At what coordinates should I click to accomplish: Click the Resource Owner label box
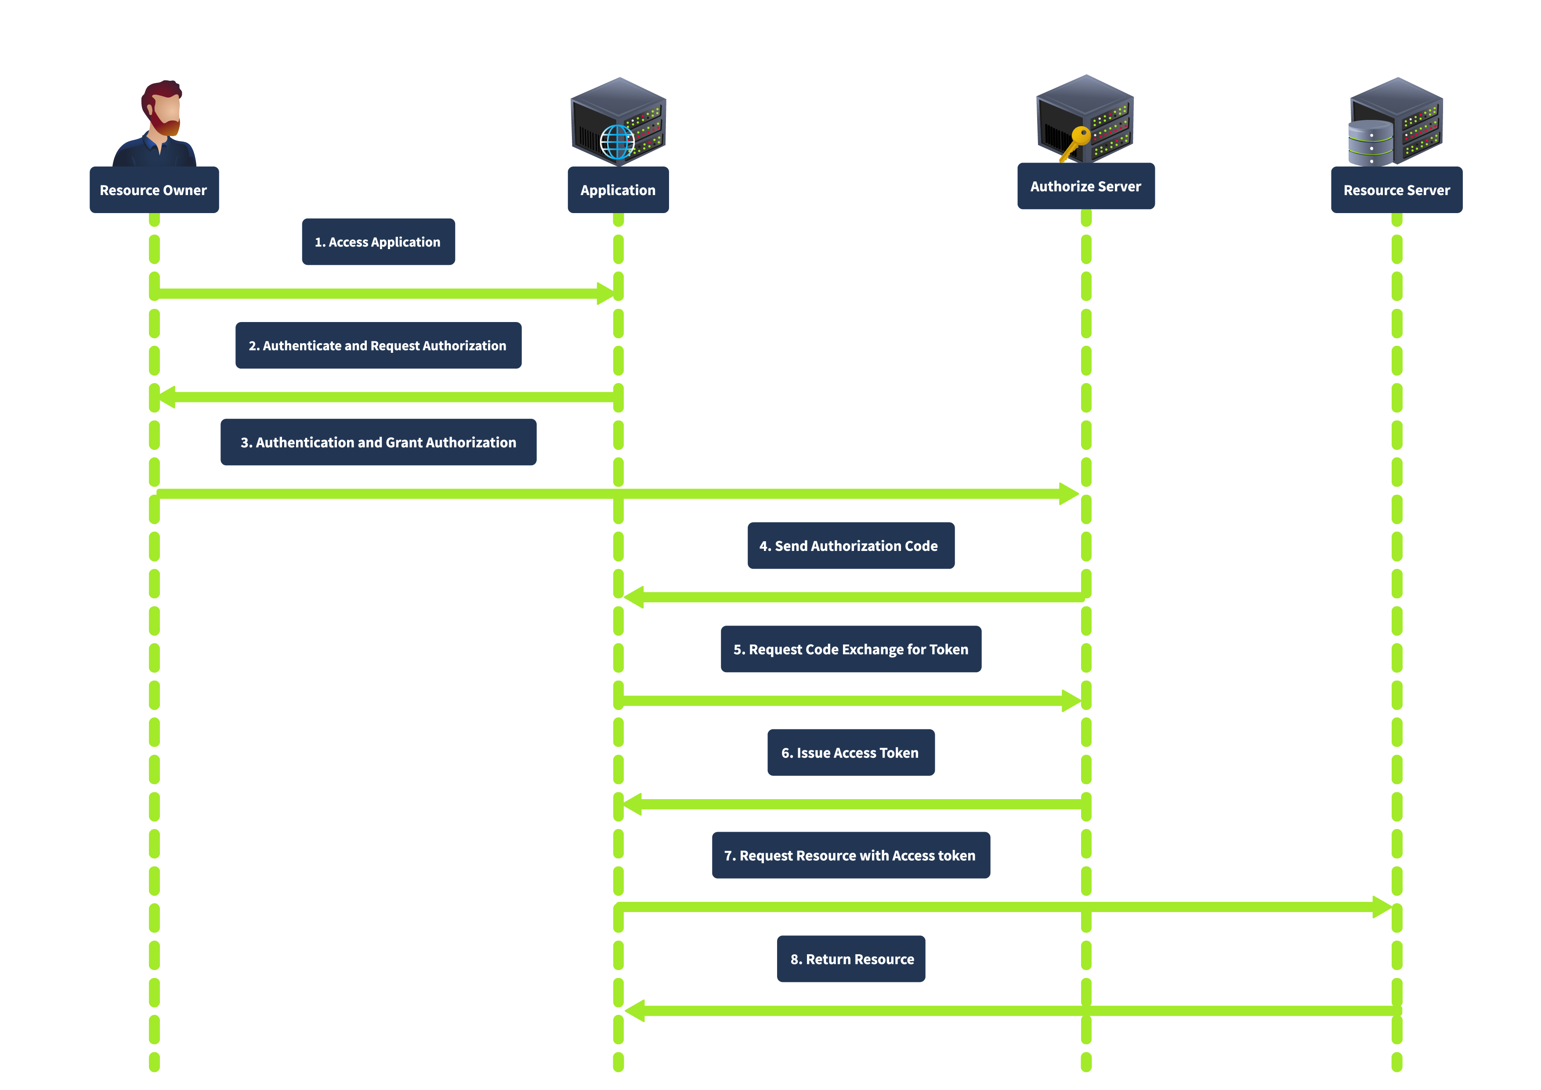pos(154,190)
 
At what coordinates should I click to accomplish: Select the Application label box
pos(618,190)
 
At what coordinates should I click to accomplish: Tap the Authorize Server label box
pos(1085,186)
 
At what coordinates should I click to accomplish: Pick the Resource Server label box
pos(1396,190)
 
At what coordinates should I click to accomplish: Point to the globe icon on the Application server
pos(617,142)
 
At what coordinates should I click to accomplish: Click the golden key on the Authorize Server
pos(1076,141)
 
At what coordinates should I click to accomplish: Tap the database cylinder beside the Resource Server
pos(1370,143)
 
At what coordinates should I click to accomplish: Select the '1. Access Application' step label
pos(378,242)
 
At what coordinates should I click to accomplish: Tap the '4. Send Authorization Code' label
pos(850,546)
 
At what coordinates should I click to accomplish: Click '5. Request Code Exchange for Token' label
pos(850,649)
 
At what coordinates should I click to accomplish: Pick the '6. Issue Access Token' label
pos(850,753)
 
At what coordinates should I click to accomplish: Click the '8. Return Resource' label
pos(850,959)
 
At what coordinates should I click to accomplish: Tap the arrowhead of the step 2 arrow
pos(166,397)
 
